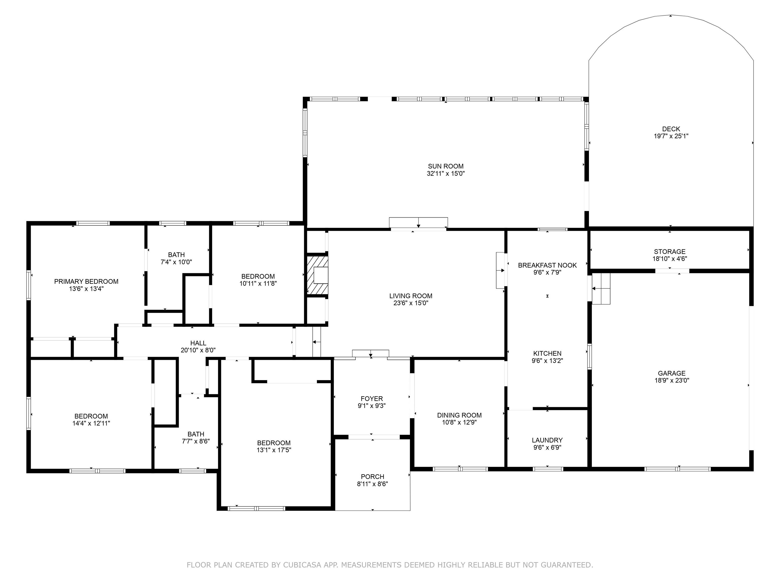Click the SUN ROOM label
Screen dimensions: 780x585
(x=446, y=166)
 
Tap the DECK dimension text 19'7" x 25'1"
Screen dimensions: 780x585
(x=671, y=136)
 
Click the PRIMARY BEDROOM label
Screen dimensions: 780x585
(x=86, y=281)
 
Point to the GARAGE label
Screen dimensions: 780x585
(x=671, y=373)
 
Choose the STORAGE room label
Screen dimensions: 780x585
(x=670, y=251)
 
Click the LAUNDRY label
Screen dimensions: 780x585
(x=547, y=440)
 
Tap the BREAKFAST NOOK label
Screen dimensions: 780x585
(x=547, y=265)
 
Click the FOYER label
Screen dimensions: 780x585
(x=372, y=398)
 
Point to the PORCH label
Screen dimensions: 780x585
(x=372, y=476)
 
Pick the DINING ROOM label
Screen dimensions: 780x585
(x=459, y=415)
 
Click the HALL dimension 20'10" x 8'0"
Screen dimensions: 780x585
(x=198, y=350)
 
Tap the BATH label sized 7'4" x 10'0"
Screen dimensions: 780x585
(x=176, y=255)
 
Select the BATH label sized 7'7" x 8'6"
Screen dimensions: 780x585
(x=196, y=434)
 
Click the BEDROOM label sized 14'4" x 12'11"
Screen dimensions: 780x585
(x=91, y=416)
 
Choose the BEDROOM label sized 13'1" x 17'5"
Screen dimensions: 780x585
(x=274, y=443)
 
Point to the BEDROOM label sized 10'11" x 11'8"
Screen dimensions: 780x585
(x=258, y=277)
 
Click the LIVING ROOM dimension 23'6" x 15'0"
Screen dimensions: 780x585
(x=411, y=303)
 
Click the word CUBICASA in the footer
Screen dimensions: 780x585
(x=302, y=565)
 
